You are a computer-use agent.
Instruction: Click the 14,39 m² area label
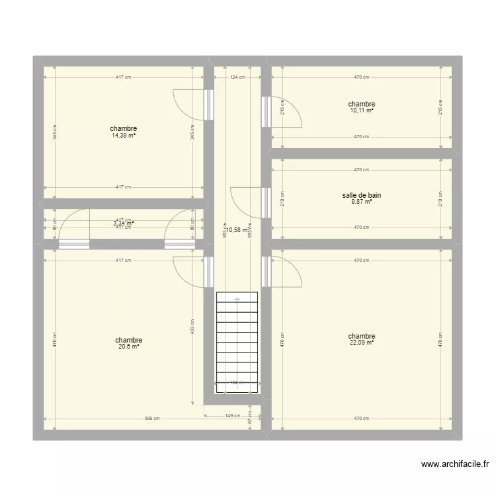124,136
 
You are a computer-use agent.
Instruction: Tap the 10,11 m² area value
362,110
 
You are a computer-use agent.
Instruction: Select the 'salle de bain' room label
362,196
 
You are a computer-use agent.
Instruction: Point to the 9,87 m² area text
362,202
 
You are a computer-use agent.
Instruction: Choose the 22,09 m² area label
362,342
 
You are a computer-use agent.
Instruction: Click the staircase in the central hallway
237,341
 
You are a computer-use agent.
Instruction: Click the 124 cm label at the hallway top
237,77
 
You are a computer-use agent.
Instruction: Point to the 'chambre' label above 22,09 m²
362,336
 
